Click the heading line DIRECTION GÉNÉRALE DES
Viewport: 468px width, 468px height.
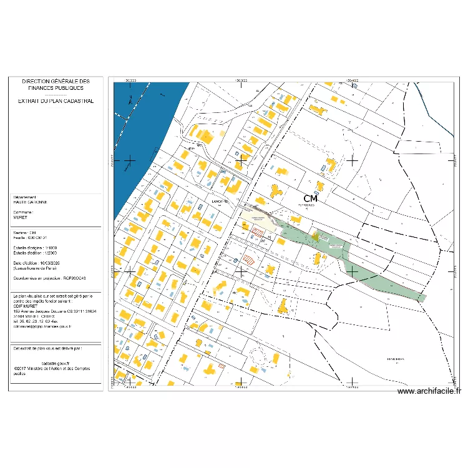click(56, 82)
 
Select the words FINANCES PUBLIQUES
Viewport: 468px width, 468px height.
click(56, 89)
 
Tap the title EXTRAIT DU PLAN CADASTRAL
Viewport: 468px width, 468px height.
click(56, 100)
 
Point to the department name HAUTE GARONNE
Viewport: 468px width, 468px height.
click(30, 202)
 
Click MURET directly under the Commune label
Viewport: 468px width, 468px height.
click(21, 218)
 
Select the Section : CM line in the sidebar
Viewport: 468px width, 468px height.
click(25, 233)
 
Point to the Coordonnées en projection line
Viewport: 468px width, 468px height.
click(49, 278)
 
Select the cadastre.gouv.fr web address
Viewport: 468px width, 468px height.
click(56, 363)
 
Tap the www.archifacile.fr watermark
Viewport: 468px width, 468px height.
click(429, 392)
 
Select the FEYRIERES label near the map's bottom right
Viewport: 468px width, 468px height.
click(395, 359)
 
